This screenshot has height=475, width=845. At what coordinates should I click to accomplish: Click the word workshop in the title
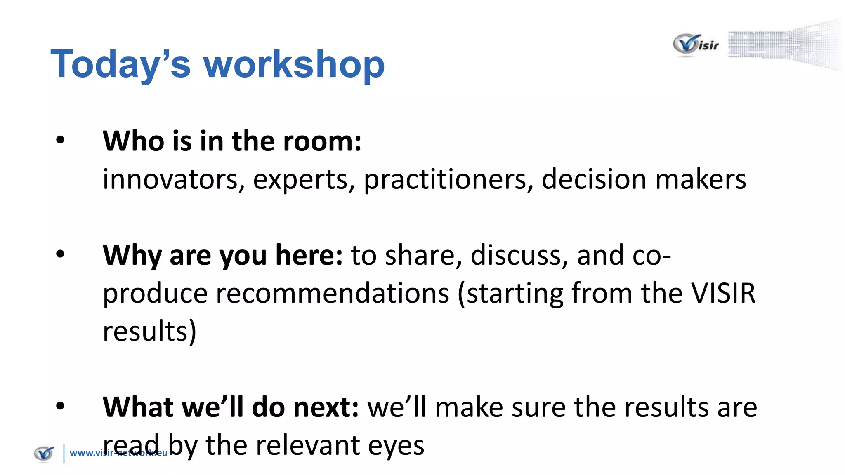pos(294,64)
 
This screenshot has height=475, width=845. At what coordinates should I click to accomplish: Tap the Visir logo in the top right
pos(696,45)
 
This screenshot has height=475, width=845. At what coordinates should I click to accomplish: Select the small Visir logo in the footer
pos(44,454)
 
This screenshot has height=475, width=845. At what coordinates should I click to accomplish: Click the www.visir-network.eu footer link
pos(118,453)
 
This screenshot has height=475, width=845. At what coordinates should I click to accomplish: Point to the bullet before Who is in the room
pos(60,140)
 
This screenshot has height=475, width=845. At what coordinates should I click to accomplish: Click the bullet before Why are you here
pos(60,254)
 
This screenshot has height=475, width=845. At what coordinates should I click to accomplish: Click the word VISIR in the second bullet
pos(723,293)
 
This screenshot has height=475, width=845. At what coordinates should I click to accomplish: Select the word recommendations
pos(332,293)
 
